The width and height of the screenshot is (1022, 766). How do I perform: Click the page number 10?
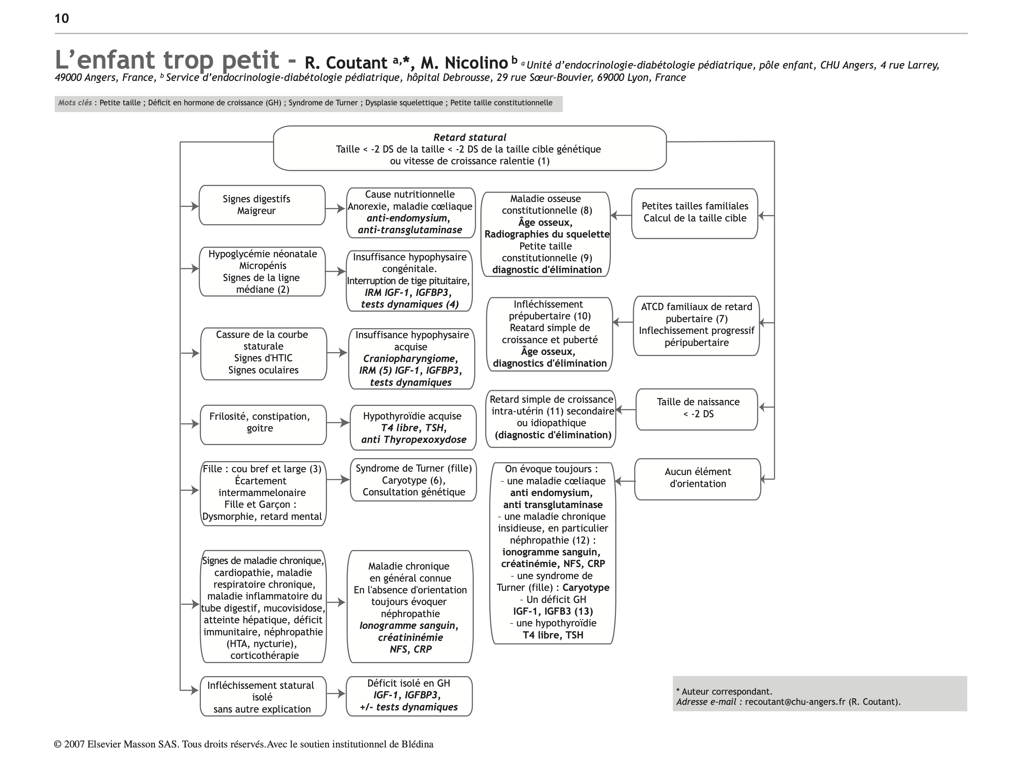pyautogui.click(x=61, y=19)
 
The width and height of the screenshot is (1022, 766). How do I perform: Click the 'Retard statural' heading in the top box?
pyautogui.click(x=469, y=137)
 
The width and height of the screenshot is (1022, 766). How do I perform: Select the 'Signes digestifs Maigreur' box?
pyautogui.click(x=262, y=205)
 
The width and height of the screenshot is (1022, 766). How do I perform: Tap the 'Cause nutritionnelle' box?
pyautogui.click(x=410, y=213)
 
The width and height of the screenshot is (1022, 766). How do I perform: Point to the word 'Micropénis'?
pyautogui.click(x=262, y=266)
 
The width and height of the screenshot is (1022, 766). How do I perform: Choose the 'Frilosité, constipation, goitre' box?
pyautogui.click(x=263, y=424)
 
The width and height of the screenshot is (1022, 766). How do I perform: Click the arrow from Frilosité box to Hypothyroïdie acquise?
pyautogui.click(x=338, y=423)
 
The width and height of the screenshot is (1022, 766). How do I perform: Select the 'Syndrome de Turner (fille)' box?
pyautogui.click(x=413, y=480)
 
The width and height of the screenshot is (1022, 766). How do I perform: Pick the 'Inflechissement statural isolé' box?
pyautogui.click(x=263, y=696)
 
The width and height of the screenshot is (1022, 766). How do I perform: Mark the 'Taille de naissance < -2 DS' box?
pyautogui.click(x=697, y=409)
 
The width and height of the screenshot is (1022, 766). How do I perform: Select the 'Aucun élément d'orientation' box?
pyautogui.click(x=697, y=479)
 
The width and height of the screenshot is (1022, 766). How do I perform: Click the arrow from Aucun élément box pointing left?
pyautogui.click(x=625, y=482)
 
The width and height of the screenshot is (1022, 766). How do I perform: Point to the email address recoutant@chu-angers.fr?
pyautogui.click(x=795, y=702)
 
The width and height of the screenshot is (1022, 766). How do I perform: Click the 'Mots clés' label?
pyautogui.click(x=75, y=103)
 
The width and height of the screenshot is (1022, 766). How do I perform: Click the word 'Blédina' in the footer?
pyautogui.click(x=417, y=744)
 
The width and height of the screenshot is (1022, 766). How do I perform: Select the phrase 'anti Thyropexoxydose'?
pyautogui.click(x=413, y=440)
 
